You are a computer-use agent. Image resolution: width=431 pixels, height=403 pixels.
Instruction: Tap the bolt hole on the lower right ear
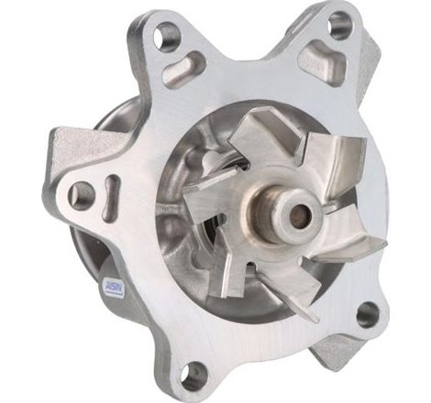[x=368, y=314]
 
